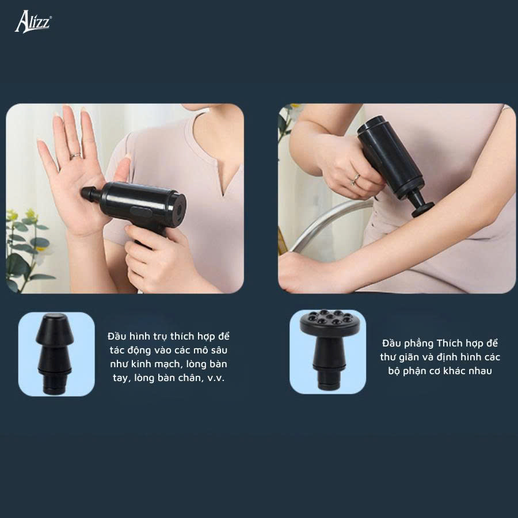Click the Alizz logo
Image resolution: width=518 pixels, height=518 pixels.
[33, 21]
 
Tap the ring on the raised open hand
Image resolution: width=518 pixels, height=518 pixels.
[75, 155]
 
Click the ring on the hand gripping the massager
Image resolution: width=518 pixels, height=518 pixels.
[356, 179]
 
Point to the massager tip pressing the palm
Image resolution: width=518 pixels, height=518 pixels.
[89, 193]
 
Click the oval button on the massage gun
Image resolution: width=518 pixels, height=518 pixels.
[140, 211]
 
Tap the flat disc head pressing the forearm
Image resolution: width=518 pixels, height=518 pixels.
[422, 209]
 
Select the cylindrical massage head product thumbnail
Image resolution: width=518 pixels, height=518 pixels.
[56, 354]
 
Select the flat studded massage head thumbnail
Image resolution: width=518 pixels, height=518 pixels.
[327, 352]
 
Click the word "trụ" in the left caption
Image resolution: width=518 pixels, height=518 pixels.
[159, 337]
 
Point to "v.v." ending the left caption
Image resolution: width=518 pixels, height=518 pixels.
[216, 378]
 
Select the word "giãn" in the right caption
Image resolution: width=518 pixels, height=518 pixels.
[409, 357]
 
